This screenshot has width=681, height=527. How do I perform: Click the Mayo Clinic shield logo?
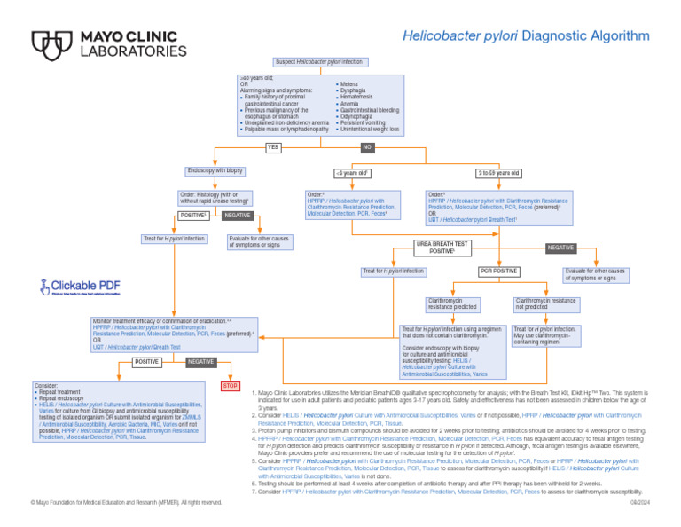coord(51,44)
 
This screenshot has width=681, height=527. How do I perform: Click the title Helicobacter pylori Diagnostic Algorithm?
coord(526,36)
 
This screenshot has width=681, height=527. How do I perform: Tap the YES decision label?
coord(274,147)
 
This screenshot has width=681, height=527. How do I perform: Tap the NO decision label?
coord(367,147)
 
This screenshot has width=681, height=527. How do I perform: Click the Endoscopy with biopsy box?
coord(215,170)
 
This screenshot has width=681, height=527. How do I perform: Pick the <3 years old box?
coord(352,173)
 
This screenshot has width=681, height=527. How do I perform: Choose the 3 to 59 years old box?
coord(498,173)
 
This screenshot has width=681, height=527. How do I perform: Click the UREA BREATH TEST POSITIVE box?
coord(443,248)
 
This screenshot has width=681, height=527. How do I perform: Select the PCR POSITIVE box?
coord(498,271)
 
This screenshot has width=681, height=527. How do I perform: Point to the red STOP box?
coord(230,386)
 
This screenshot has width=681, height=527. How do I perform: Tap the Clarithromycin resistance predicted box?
coord(453,303)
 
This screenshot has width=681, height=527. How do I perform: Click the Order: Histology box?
coord(215,199)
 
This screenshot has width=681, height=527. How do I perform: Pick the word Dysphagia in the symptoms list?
coord(354,90)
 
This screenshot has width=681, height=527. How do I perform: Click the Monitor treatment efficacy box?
coord(174,334)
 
